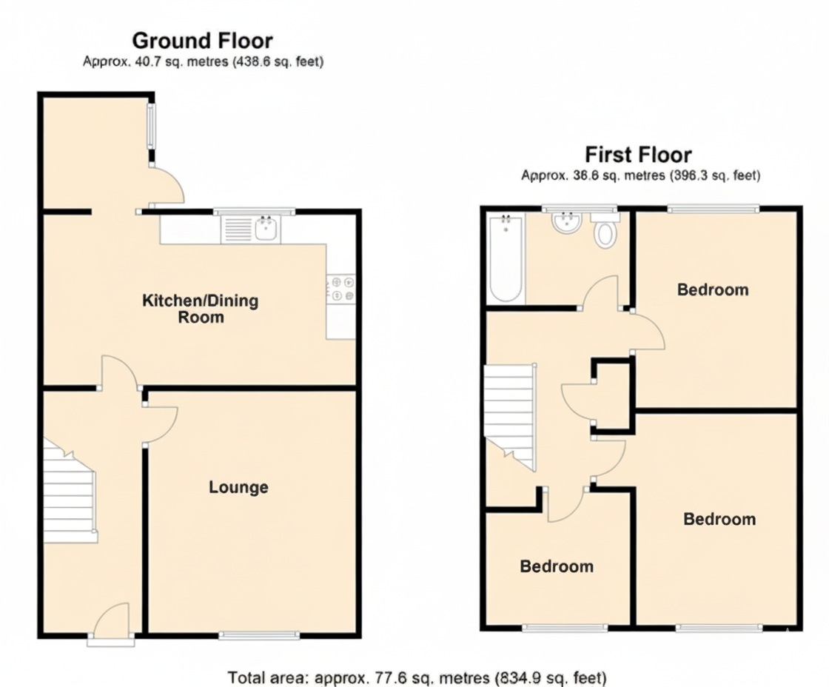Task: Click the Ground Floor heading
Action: [x=202, y=40]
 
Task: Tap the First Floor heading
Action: [x=638, y=155]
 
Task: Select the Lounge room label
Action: [x=238, y=487]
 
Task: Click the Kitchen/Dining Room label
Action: [x=200, y=309]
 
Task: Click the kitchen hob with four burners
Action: [x=340, y=289]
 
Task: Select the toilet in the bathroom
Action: [x=605, y=231]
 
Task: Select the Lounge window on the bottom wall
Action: [x=259, y=634]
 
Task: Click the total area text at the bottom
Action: [x=417, y=677]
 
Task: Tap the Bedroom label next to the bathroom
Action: [x=713, y=289]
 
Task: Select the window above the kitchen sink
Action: [x=254, y=212]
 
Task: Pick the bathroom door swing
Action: [x=601, y=292]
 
